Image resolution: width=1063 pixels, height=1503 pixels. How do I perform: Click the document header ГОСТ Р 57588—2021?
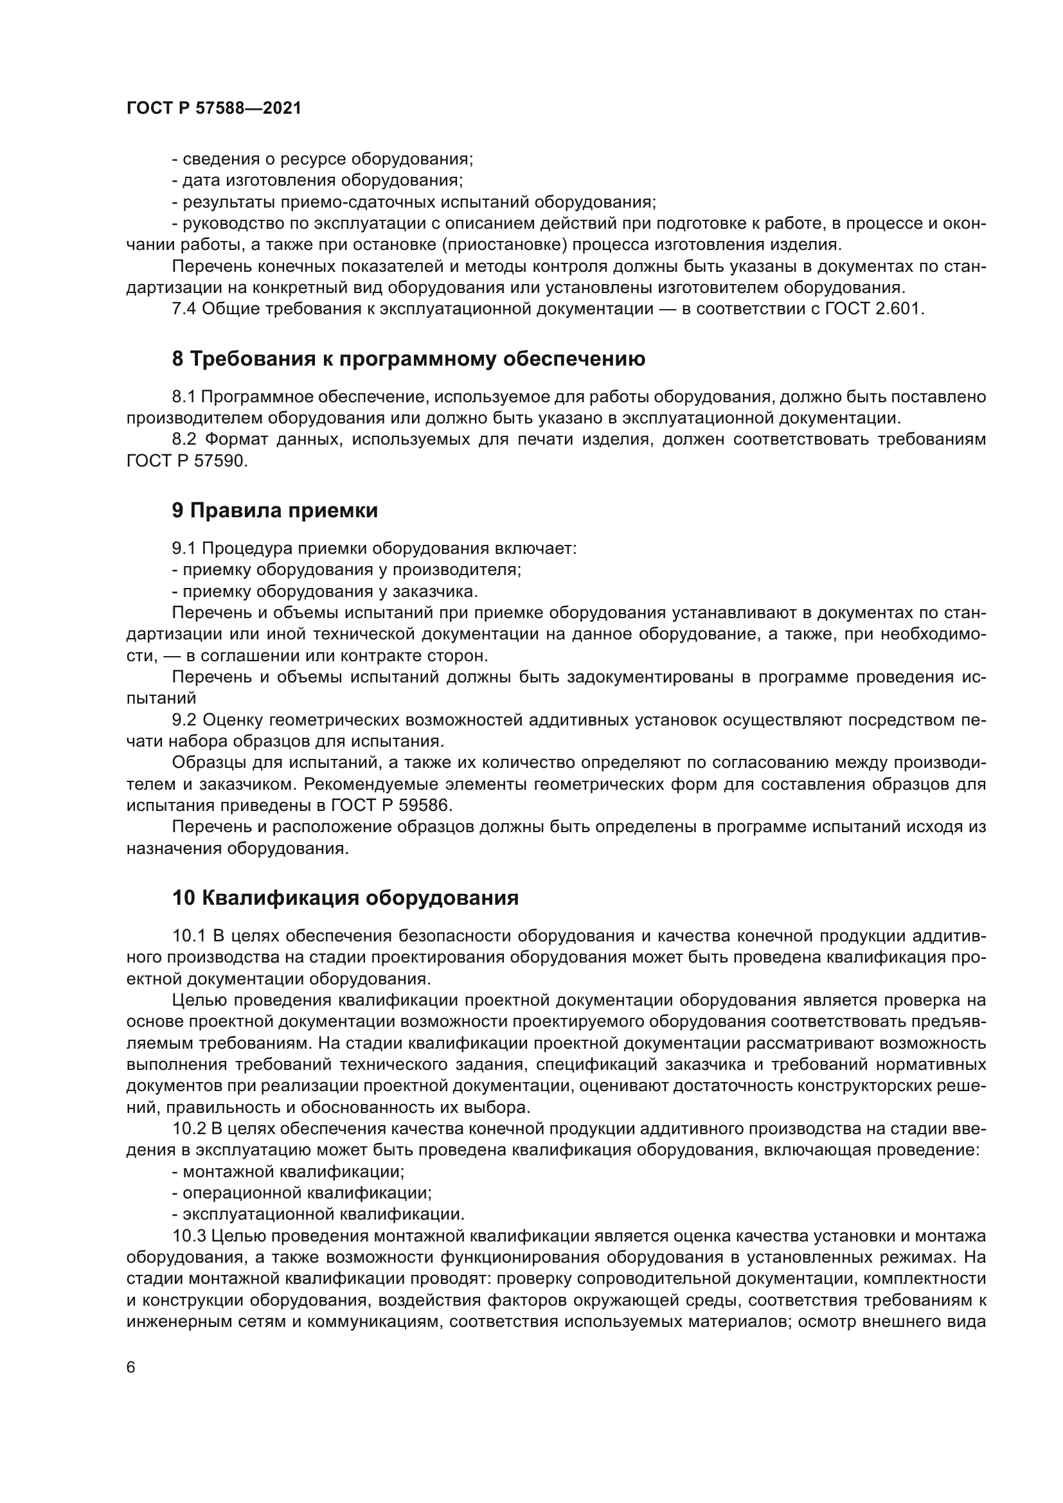coord(213,109)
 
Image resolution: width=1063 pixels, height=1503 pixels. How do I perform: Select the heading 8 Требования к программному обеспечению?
coord(409,359)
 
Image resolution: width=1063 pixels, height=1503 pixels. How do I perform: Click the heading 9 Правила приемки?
coord(275,510)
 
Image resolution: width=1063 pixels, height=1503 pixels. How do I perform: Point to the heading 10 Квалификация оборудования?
coord(345,898)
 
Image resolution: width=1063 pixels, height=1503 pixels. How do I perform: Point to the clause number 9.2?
coord(184,720)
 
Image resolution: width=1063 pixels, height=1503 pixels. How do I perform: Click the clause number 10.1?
coord(188,936)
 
